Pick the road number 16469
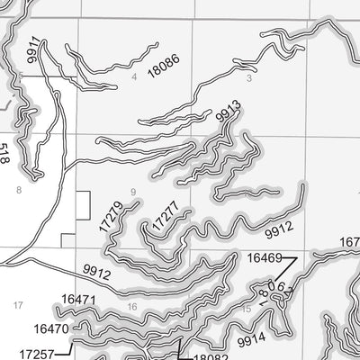click(x=265, y=258)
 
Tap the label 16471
click(x=78, y=299)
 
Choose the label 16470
click(x=52, y=329)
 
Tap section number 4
click(x=133, y=77)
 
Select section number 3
click(x=247, y=78)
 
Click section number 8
click(x=18, y=190)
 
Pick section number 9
click(x=132, y=192)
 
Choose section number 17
click(x=18, y=306)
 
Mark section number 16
click(x=132, y=307)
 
